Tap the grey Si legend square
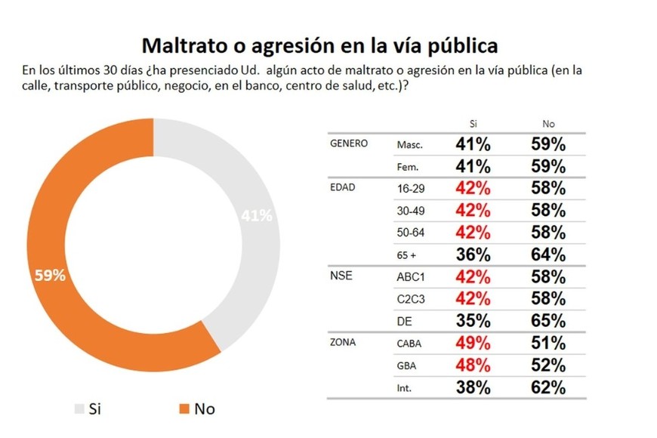(x=79, y=409)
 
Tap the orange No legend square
(x=183, y=409)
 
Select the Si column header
(x=473, y=123)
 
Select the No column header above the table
(x=548, y=123)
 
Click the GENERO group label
(x=350, y=143)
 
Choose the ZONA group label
(x=344, y=342)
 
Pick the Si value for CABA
(x=473, y=343)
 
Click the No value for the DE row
(x=548, y=320)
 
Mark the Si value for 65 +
(x=473, y=254)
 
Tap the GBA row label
(x=407, y=366)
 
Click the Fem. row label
(x=409, y=166)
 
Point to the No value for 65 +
(x=548, y=254)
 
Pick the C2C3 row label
(x=412, y=298)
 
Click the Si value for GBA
(x=473, y=366)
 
